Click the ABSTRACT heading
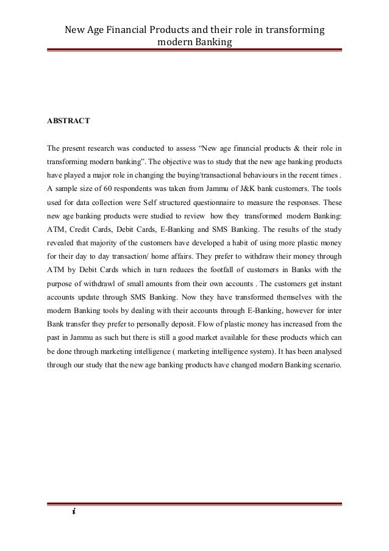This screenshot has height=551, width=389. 68,121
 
